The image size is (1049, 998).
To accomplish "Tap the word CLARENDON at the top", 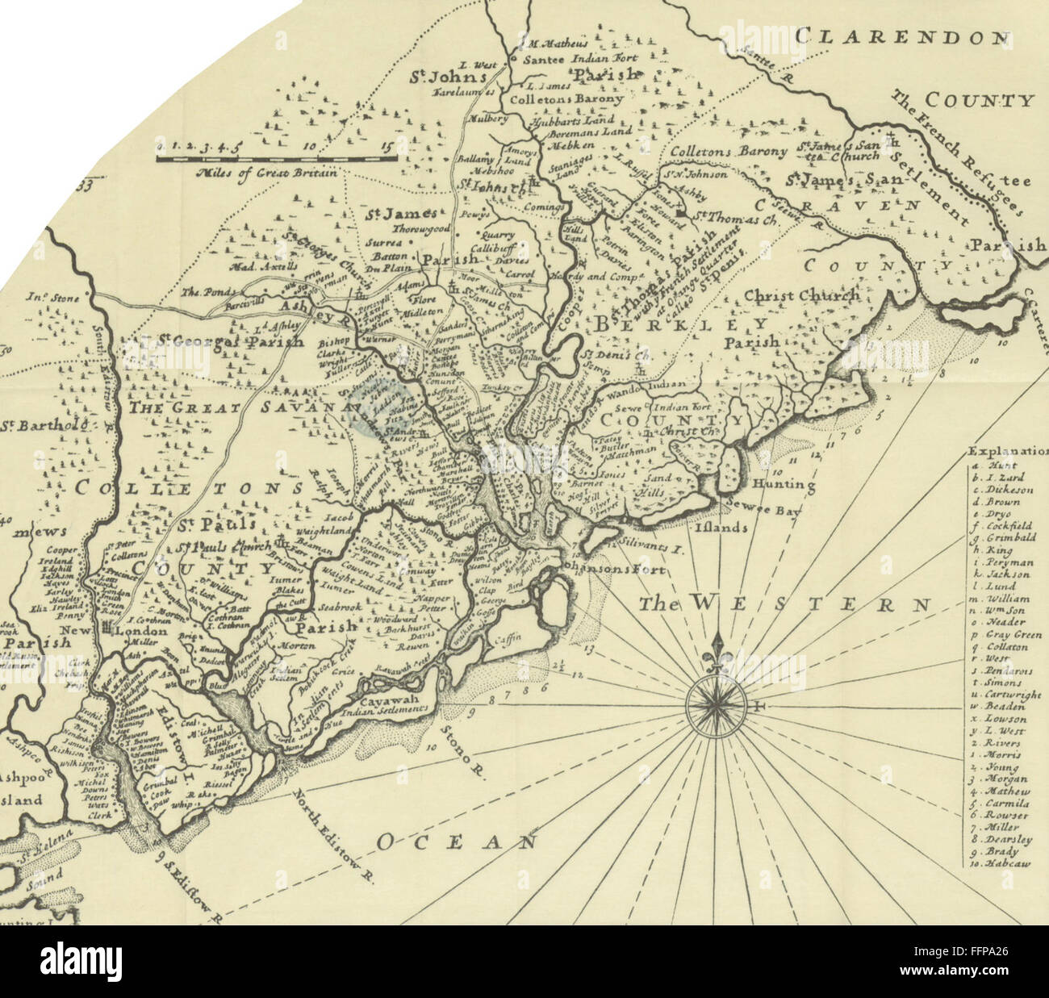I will (x=901, y=37).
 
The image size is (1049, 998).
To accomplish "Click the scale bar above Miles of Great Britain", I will (x=276, y=159).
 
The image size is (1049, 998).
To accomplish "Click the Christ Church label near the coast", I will (x=801, y=295).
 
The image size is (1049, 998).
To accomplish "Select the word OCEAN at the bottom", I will (x=457, y=842).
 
